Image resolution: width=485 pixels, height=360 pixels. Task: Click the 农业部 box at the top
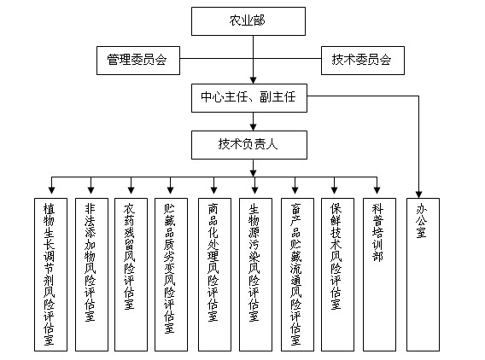click(248, 21)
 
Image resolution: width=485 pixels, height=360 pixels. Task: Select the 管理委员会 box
click(138, 61)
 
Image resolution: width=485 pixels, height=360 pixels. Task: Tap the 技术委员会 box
click(363, 61)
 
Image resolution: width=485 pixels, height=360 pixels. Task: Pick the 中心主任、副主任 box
click(249, 98)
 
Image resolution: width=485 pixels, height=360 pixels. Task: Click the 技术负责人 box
click(249, 145)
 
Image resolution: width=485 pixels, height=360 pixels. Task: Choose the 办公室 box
click(423, 275)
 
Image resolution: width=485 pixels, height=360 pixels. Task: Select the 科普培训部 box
click(379, 275)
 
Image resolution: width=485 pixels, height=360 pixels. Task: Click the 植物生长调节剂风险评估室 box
click(50, 275)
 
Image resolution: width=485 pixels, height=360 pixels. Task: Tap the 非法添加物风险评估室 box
click(91, 275)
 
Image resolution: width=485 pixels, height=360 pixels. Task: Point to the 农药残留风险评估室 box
click(131, 275)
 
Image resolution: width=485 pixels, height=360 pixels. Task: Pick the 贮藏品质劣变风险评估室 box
click(171, 275)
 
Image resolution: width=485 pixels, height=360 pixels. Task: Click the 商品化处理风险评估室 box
click(214, 275)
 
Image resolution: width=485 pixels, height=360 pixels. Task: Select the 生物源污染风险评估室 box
click(255, 275)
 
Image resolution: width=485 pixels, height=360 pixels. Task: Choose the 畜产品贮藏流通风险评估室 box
click(297, 275)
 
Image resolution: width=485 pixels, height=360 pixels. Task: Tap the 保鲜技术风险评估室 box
click(337, 275)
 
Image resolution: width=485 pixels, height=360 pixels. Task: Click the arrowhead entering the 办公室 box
click(418, 195)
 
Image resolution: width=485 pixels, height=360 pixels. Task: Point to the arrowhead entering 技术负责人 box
click(254, 127)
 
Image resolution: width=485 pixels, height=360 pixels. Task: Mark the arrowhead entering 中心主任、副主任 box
click(254, 80)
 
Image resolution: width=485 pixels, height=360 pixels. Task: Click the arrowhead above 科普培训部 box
click(377, 190)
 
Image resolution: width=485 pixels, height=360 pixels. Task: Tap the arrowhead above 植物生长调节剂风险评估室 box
click(51, 190)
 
